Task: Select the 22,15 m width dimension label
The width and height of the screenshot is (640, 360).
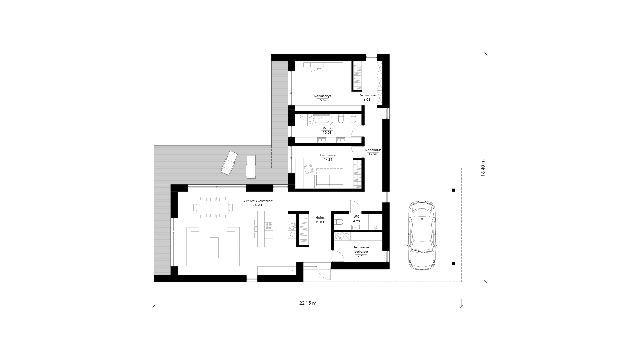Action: pos(308,303)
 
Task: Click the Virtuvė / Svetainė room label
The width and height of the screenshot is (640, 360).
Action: pos(258,201)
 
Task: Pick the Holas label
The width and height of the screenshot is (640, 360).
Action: pos(320,218)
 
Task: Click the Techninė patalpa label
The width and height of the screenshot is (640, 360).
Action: pos(361,250)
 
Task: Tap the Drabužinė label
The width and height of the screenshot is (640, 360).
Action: pos(367,95)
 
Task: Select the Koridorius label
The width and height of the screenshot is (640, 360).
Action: pos(373,150)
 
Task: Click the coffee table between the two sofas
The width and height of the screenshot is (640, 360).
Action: pos(214,247)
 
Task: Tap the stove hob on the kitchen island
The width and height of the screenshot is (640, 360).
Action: pos(269,226)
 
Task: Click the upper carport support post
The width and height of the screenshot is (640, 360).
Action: pos(453,190)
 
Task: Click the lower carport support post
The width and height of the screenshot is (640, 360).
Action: pos(453,264)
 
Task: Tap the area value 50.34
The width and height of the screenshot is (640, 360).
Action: pos(258,205)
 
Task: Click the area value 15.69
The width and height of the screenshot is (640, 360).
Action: pos(322,100)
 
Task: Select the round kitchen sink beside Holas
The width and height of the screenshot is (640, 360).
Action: pos(292,226)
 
